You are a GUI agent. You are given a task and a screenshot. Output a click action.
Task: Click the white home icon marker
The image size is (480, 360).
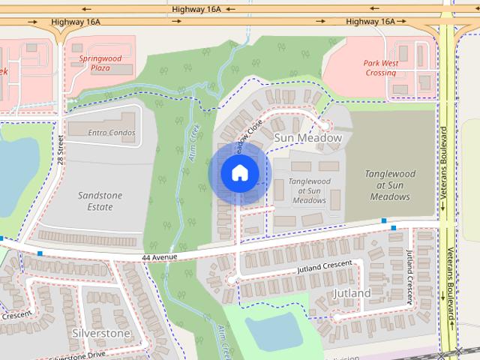(x=238, y=172)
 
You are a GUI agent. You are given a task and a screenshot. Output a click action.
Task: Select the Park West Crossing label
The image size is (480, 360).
(x=380, y=68)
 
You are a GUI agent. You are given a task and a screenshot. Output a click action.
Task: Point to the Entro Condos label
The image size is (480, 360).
(x=111, y=133)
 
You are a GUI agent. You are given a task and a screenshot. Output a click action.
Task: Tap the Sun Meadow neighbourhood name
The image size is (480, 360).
(x=307, y=138)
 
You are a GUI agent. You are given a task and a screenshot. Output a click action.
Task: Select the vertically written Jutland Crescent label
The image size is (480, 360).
(x=410, y=277)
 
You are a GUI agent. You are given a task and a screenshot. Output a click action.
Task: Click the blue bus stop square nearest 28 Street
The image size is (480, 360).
(x=40, y=253)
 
